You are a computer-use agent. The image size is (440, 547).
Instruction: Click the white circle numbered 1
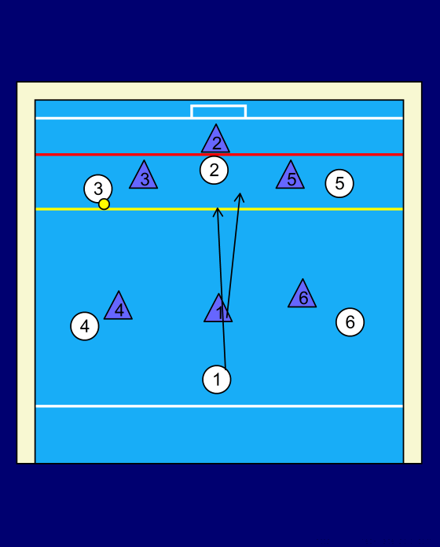point(217,379)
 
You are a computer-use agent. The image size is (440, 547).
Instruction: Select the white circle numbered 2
point(214,170)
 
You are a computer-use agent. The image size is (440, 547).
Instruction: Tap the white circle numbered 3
point(98,189)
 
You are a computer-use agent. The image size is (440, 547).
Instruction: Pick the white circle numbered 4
point(85,326)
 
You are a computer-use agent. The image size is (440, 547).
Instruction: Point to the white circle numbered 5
point(339,183)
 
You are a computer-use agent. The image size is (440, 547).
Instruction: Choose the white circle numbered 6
point(350,322)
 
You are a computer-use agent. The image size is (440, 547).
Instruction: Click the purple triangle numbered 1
point(218,311)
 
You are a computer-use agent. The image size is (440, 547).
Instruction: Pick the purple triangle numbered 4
point(119,309)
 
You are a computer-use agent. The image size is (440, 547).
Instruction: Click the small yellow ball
point(104,204)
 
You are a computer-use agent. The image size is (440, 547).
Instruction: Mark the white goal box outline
point(218,105)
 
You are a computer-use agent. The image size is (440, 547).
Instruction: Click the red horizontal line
point(219,154)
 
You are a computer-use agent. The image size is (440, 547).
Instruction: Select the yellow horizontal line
point(219,209)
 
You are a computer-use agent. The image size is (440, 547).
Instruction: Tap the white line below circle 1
point(219,406)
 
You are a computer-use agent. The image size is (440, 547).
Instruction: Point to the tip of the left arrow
point(218,208)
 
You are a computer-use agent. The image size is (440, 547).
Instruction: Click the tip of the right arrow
point(240,193)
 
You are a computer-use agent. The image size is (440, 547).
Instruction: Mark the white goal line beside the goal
point(219,118)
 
